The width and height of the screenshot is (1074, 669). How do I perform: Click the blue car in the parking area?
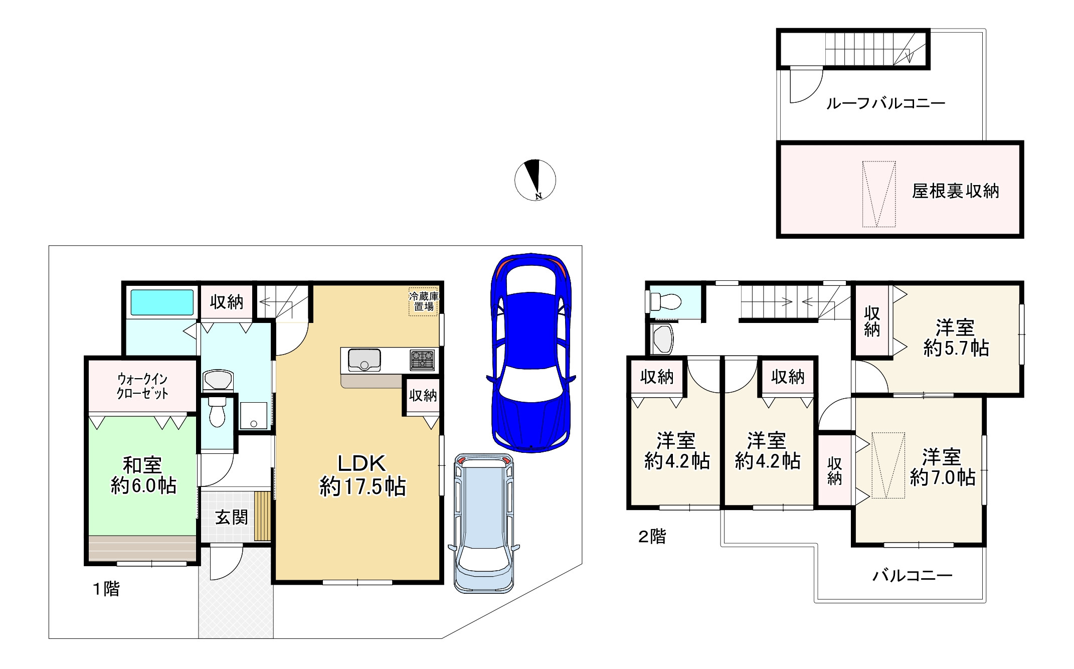coord(530,353)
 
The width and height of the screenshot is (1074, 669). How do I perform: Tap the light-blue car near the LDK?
coord(484,523)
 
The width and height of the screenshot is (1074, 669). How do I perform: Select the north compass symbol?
coord(535,180)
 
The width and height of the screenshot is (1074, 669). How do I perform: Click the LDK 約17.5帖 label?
coord(362,475)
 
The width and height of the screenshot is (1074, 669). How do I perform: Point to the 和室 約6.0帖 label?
coord(143,475)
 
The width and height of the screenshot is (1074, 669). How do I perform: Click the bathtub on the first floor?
coord(162,302)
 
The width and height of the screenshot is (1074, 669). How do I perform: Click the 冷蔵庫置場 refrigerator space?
coord(423,301)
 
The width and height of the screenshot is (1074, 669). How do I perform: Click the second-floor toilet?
coord(665,301)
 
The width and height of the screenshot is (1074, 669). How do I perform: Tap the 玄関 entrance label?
coord(232,517)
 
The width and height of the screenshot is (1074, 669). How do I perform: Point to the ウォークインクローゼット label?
coord(142,386)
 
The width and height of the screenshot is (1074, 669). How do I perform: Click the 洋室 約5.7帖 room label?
coord(956,338)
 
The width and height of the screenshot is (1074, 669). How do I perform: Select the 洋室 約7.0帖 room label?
coord(942,467)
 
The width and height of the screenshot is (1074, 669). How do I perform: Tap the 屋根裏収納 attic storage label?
coord(955,191)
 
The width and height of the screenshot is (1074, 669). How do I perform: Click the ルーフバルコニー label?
coord(885,103)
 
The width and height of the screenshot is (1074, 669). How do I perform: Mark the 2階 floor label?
coord(652,537)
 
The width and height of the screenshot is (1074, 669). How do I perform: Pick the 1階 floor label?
coord(106,589)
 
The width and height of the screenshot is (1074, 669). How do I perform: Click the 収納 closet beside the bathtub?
coord(226,302)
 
